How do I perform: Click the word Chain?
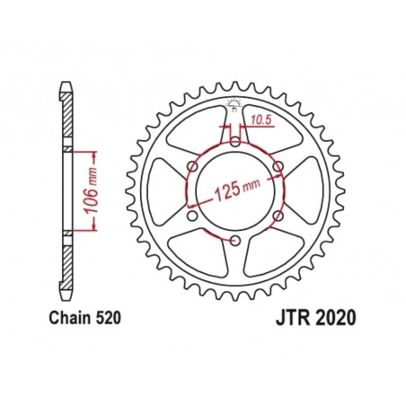pyautogui.click(x=64, y=317)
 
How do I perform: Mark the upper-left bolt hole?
pyautogui.click(x=191, y=165)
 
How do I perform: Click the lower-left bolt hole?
pyautogui.click(x=191, y=215)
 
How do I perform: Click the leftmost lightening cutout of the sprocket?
pyautogui.click(x=167, y=190)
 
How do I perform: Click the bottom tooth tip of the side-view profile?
pyautogui.click(x=65, y=294)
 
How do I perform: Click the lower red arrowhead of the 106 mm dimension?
pyautogui.click(x=90, y=231)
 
